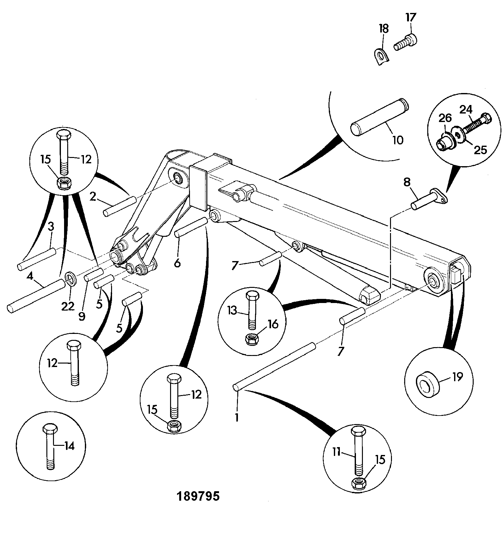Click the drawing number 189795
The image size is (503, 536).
click(x=198, y=497)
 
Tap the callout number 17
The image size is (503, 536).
click(x=411, y=18)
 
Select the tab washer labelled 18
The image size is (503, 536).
click(x=382, y=56)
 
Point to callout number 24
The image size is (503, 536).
click(x=466, y=110)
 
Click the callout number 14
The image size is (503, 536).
click(x=69, y=446)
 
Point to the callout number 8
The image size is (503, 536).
click(x=407, y=182)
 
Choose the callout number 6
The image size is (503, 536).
click(x=177, y=262)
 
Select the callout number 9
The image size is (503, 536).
click(x=82, y=316)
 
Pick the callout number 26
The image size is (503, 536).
click(x=445, y=119)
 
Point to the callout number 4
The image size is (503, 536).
click(x=30, y=277)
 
